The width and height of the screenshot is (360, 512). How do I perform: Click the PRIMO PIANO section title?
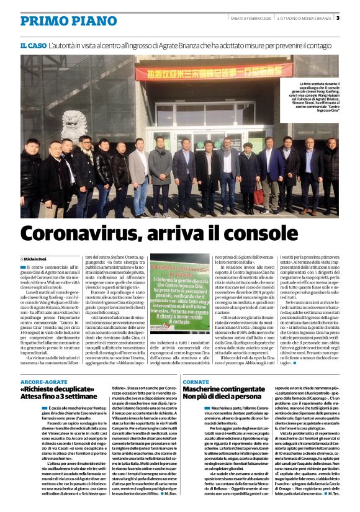[x=60, y=20]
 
